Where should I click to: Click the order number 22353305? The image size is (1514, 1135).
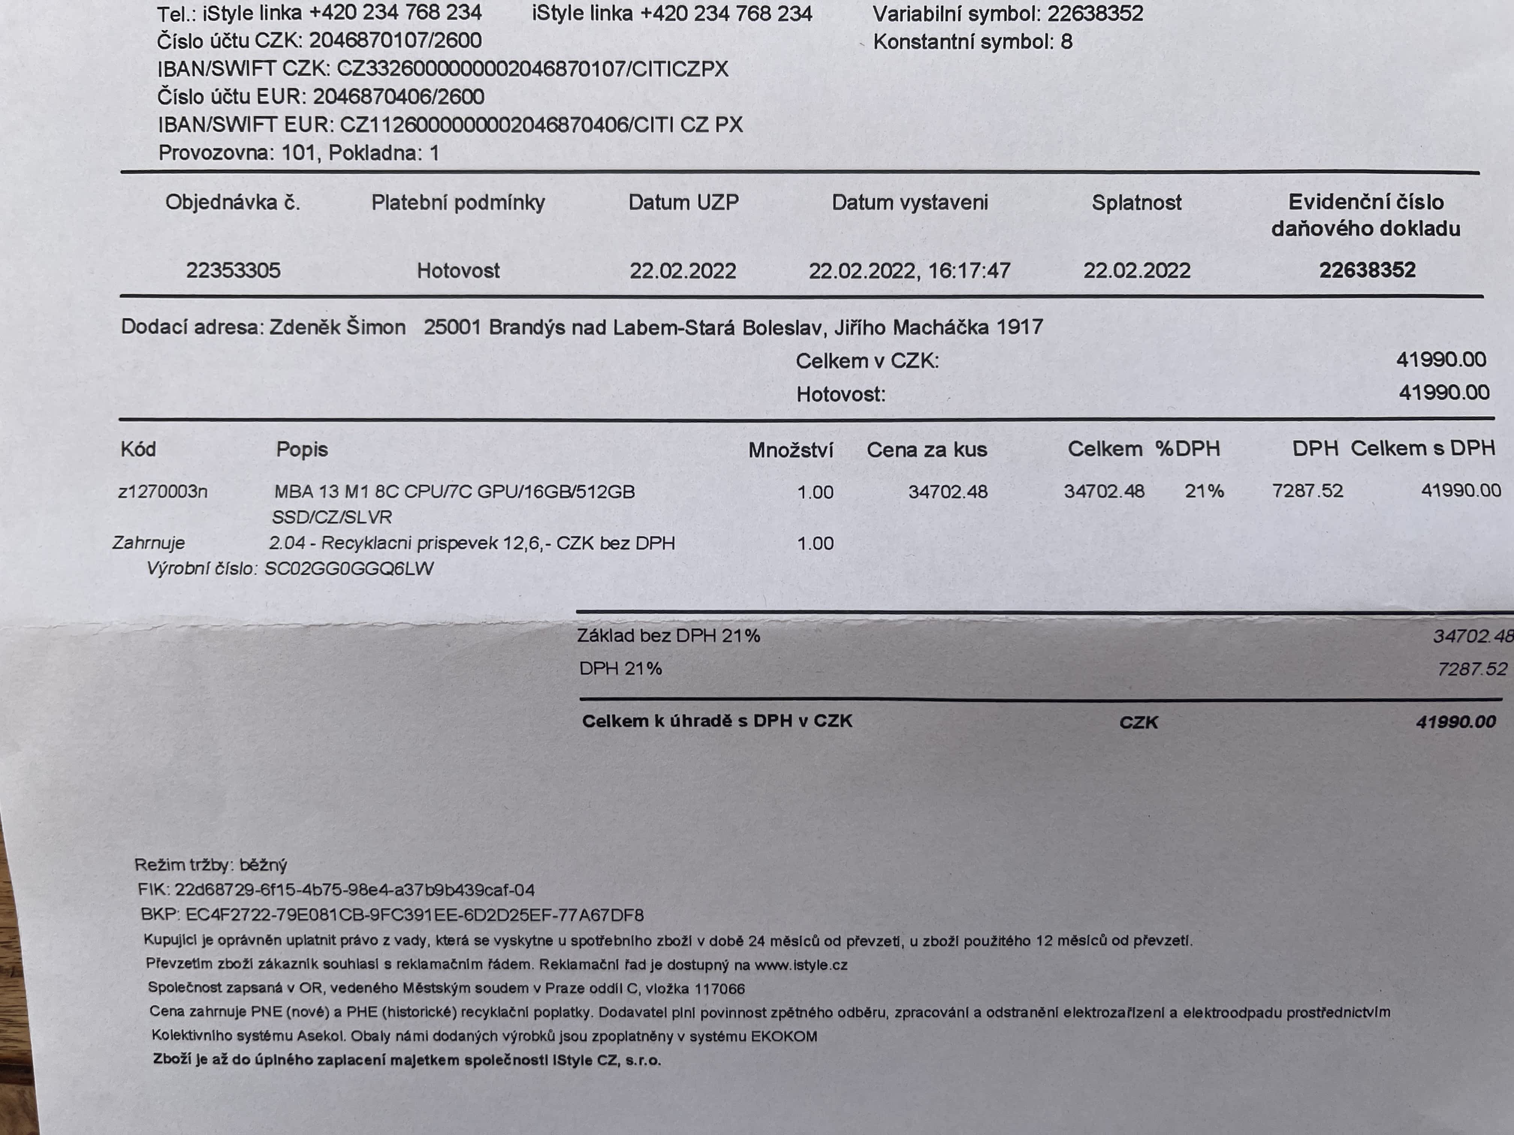click(x=234, y=271)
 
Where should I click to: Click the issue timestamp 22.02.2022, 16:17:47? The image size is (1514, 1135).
click(x=909, y=271)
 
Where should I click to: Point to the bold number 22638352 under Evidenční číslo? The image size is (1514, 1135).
click(x=1367, y=270)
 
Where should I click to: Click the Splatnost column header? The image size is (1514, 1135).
click(x=1136, y=203)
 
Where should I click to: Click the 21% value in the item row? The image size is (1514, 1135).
click(x=1204, y=491)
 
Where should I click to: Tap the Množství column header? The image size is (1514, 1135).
click(x=790, y=450)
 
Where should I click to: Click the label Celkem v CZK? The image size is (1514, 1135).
click(x=867, y=361)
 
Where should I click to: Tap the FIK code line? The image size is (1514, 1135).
click(x=335, y=890)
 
